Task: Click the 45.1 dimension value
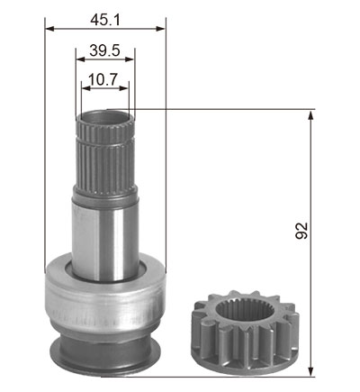point(105,20)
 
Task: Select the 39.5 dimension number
point(104,50)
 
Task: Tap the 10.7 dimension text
point(103,80)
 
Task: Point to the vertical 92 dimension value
point(301,231)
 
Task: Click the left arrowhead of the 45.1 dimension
point(49,29)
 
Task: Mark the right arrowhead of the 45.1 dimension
point(161,29)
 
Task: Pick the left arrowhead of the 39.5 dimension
point(80,59)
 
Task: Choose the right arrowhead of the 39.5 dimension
point(130,59)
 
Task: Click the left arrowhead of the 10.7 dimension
point(86,88)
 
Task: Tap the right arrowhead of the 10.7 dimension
point(124,88)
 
